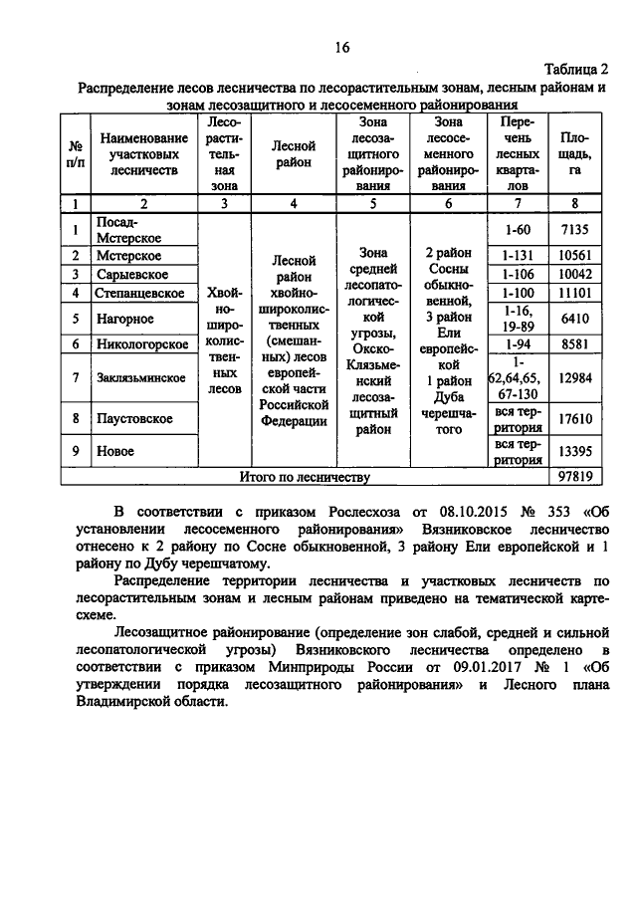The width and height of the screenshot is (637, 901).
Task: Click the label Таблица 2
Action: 575,68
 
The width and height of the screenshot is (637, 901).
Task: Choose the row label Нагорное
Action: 123,319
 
